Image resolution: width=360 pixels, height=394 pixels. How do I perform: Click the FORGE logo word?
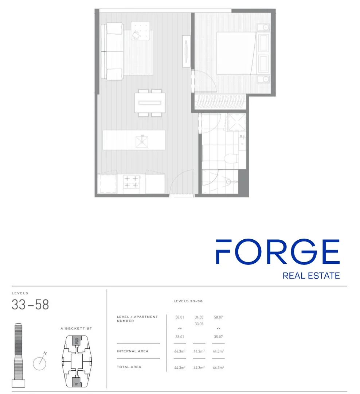(x=278, y=251)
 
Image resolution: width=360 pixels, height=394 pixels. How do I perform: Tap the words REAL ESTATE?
(x=311, y=276)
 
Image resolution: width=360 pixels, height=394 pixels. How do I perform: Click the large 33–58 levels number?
(x=30, y=305)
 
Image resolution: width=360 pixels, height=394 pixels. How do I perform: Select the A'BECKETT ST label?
(x=76, y=328)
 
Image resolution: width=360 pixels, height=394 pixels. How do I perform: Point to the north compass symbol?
(x=40, y=363)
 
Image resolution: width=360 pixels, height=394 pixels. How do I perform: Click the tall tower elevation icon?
(x=18, y=355)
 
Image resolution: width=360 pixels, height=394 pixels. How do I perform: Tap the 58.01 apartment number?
(x=180, y=317)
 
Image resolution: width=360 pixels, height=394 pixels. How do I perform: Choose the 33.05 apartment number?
(x=199, y=324)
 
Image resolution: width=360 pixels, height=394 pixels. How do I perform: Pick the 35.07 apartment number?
(x=218, y=337)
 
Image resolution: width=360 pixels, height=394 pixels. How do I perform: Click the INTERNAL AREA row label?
(x=133, y=351)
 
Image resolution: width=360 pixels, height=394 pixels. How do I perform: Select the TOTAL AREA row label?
(x=129, y=367)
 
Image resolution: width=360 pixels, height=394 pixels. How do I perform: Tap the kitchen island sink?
(x=142, y=142)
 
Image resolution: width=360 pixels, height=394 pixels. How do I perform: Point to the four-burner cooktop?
(x=131, y=182)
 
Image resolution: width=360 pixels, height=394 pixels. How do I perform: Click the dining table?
(x=150, y=103)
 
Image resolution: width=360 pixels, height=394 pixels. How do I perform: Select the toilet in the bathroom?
(x=231, y=159)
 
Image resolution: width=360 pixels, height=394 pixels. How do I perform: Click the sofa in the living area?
(x=112, y=51)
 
